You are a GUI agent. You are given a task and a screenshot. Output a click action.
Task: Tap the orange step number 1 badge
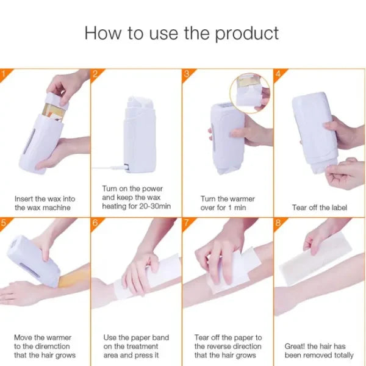coord(3,73)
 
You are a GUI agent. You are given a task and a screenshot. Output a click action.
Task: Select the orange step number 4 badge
coord(278,73)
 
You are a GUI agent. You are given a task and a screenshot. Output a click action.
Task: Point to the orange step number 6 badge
coord(95,222)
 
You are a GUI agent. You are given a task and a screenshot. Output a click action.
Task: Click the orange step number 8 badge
coord(278,222)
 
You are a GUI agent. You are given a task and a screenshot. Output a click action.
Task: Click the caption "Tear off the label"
coord(320,207)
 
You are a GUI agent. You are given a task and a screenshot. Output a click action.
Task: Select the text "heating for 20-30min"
coord(136,207)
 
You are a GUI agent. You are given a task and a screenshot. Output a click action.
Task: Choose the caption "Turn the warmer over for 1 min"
coord(228,203)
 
